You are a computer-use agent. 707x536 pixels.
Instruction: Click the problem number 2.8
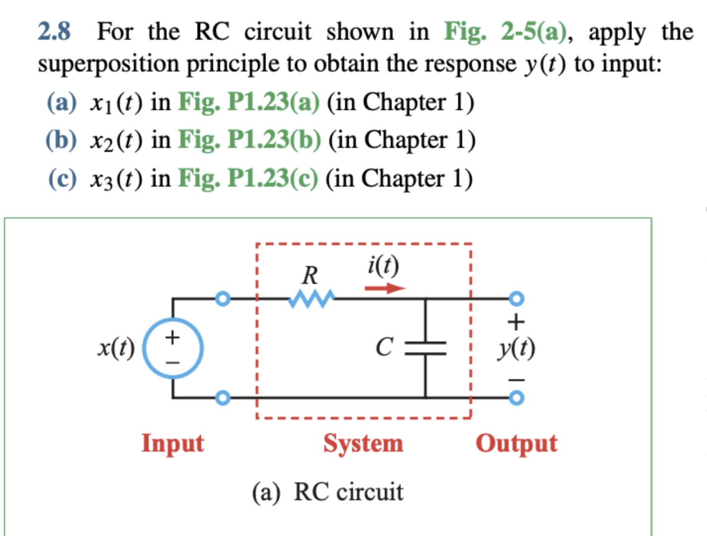(54, 32)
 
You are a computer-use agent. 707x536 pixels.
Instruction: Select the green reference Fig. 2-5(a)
(505, 32)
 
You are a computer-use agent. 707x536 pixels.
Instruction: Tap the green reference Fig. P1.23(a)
(248, 102)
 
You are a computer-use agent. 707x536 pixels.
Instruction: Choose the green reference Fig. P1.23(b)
(249, 140)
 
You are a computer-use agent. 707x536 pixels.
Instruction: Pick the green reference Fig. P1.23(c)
(248, 178)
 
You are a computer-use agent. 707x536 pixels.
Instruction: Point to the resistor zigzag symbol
(311, 299)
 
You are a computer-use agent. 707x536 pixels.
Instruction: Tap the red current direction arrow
(385, 288)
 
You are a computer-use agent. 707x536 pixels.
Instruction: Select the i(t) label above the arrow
(383, 266)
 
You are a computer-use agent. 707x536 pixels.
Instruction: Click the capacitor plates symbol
(425, 348)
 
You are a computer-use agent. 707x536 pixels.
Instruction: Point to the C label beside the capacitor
(384, 347)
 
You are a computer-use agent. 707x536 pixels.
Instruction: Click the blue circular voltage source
(173, 348)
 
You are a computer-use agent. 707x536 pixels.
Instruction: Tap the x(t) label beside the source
(116, 348)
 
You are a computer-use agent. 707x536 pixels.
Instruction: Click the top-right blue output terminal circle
(516, 299)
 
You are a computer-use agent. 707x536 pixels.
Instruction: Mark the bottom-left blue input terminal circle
(223, 398)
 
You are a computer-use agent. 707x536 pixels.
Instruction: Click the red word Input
(173, 443)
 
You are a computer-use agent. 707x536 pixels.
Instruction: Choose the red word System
(363, 443)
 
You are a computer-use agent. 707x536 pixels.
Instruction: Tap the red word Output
(516, 443)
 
